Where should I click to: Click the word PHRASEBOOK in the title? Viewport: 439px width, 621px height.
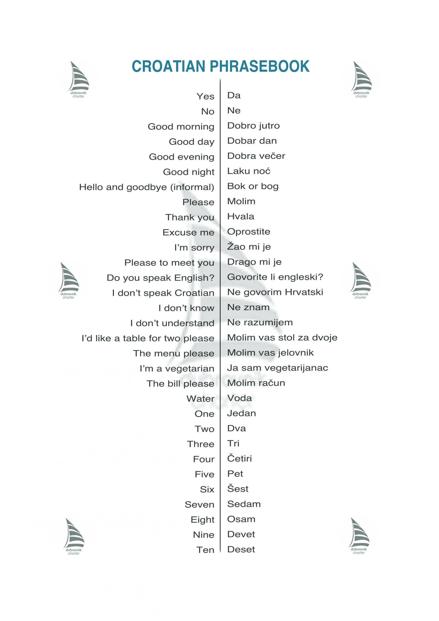(260, 66)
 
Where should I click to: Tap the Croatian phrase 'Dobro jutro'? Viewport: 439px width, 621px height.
(253, 126)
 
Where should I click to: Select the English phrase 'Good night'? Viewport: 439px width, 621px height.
(188, 172)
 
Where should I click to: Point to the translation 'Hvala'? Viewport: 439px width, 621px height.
(240, 217)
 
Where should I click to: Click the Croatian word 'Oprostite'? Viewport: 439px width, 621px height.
(248, 232)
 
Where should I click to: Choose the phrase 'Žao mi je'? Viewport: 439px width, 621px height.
(249, 247)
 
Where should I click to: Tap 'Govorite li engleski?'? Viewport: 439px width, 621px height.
(275, 277)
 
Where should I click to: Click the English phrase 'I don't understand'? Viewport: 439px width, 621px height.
(172, 323)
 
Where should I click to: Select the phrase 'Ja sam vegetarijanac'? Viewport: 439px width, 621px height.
(277, 368)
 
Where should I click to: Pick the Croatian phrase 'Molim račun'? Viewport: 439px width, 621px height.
(256, 383)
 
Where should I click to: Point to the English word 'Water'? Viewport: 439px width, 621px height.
(200, 399)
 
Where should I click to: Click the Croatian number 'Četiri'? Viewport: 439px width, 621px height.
(239, 458)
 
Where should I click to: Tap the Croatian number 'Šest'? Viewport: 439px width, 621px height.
(238, 489)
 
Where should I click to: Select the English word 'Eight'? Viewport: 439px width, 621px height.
(202, 520)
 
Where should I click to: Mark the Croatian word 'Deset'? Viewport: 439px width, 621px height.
(241, 549)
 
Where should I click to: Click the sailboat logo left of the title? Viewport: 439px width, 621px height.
(78, 79)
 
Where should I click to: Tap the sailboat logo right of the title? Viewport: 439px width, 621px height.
(361, 79)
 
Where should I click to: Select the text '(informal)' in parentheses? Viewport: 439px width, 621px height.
(192, 187)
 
